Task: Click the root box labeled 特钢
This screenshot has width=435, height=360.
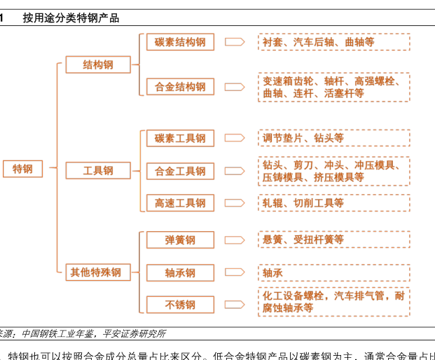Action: pos(23,169)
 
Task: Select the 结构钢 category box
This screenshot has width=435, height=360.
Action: pos(98,65)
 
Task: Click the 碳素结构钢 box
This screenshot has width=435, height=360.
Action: pos(180,42)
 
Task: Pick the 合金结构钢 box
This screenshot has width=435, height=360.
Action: pos(180,87)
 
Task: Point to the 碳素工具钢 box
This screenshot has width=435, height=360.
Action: pos(180,138)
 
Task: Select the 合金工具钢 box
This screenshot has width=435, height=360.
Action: pos(180,171)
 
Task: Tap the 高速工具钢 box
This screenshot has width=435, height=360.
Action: pos(180,203)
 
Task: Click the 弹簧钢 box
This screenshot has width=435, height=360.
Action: pos(180,240)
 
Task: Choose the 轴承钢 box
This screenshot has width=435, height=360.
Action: pos(180,272)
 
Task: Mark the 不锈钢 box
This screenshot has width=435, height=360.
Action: pos(180,305)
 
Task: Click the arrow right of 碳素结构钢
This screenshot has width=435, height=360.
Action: pos(235,42)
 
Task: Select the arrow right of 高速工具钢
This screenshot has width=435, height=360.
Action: pos(235,203)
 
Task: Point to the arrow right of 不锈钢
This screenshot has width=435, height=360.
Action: pos(235,305)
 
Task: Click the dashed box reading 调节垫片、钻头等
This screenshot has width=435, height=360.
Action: pos(333,138)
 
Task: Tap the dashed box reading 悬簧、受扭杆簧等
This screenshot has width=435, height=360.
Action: pos(333,240)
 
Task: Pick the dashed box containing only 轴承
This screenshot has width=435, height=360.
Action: pos(333,272)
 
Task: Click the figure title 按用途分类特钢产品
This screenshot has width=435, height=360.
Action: pos(71,18)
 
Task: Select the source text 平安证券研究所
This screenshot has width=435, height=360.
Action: pos(134,334)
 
